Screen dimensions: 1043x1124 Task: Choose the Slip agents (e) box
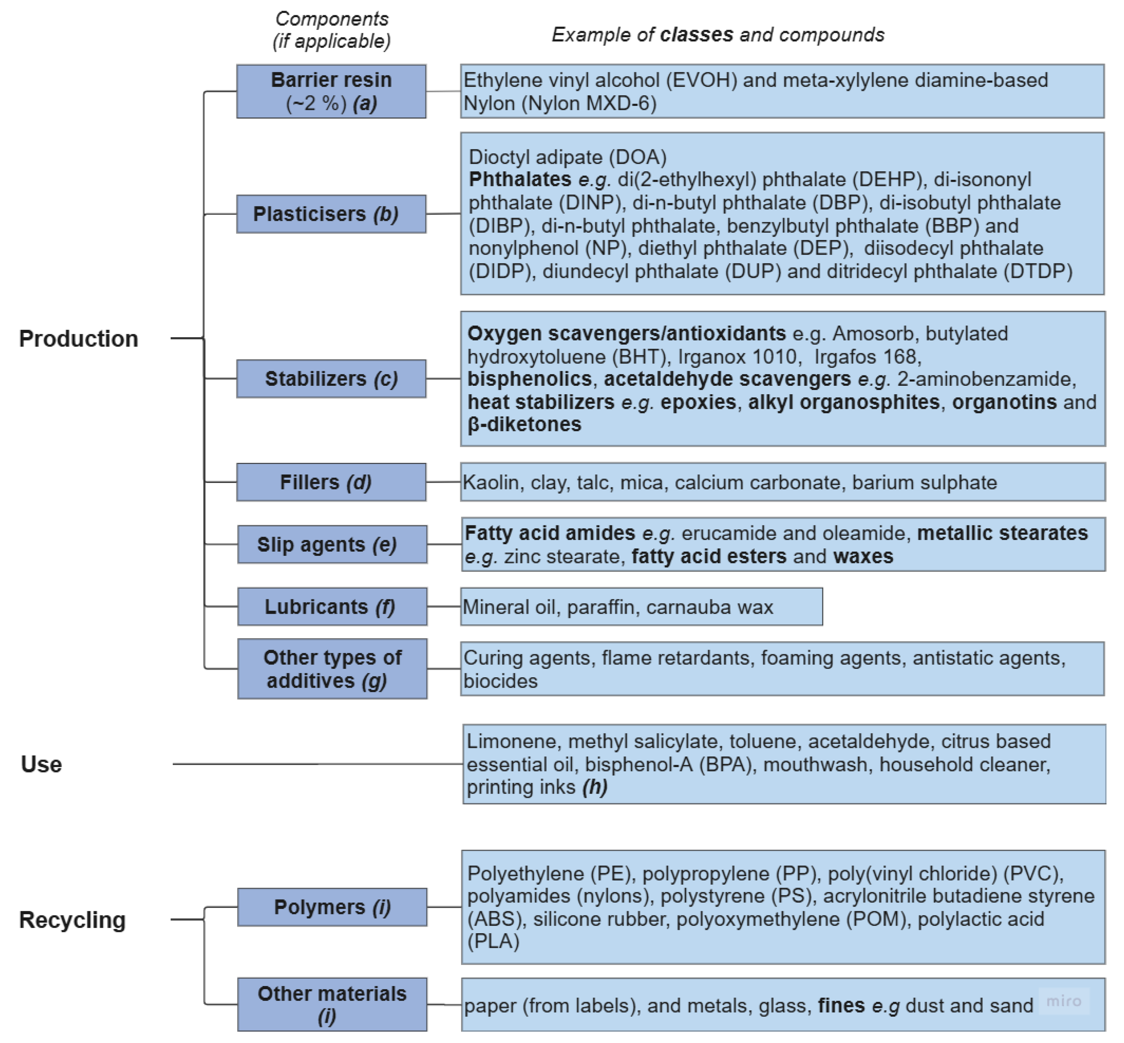(x=332, y=544)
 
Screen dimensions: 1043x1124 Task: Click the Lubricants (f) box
(x=332, y=607)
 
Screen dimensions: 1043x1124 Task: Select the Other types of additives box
(x=332, y=669)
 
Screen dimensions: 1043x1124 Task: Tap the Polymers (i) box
(x=332, y=907)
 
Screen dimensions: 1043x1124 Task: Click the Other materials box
(x=332, y=1005)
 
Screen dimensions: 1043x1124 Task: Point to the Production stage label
(x=78, y=338)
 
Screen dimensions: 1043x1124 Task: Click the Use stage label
(x=41, y=764)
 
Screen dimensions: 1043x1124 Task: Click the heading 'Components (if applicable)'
(x=331, y=30)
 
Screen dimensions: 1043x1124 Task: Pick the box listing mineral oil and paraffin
(x=641, y=607)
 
